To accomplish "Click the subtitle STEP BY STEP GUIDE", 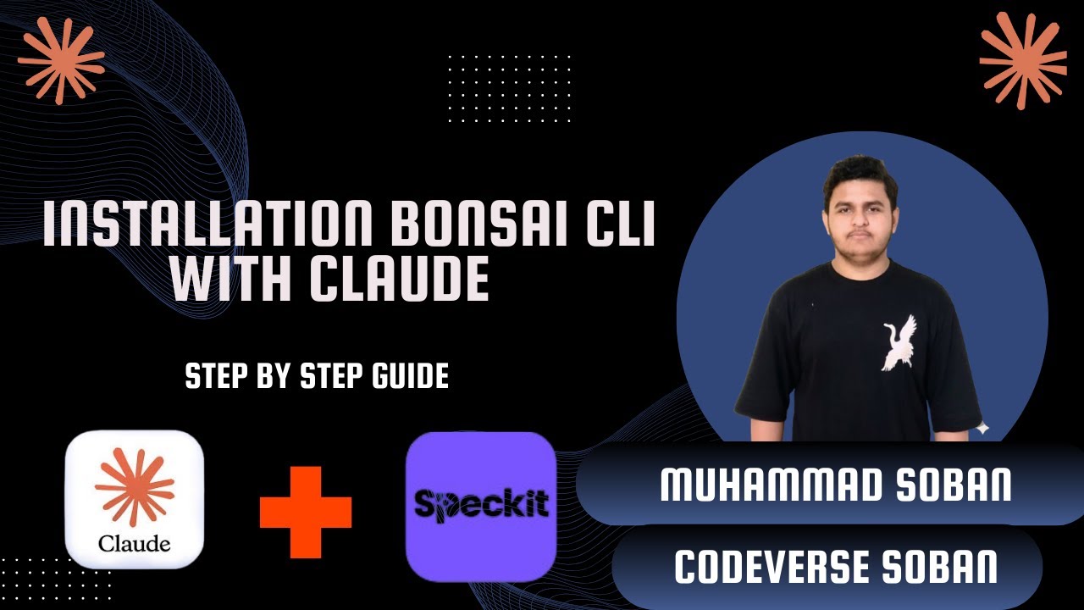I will click(317, 377).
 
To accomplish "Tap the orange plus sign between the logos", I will click(305, 511).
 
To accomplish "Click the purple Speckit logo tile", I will click(480, 506).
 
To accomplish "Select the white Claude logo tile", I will click(134, 499).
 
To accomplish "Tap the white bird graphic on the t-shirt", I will click(899, 342).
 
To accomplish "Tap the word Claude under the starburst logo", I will click(134, 543).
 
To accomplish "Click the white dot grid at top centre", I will click(509, 88).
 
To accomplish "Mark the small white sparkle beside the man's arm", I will click(982, 429).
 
